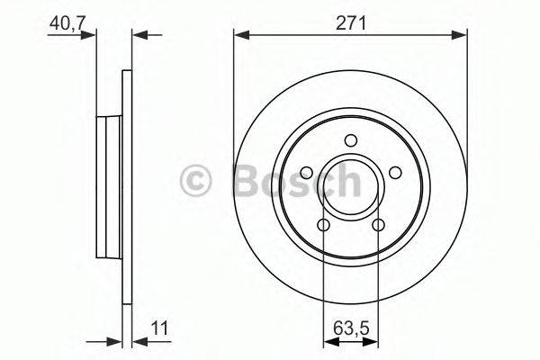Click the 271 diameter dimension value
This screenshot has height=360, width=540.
pyautogui.click(x=351, y=23)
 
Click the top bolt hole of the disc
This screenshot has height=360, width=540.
pyautogui.click(x=351, y=139)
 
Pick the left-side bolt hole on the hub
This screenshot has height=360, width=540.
pyautogui.click(x=307, y=173)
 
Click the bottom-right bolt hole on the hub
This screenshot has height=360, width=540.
pyautogui.click(x=378, y=225)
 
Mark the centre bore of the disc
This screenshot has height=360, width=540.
pyautogui.click(x=351, y=185)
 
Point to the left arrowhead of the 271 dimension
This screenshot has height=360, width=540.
pyautogui.click(x=240, y=35)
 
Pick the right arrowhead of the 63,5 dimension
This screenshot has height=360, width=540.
pyautogui.click(x=373, y=341)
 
